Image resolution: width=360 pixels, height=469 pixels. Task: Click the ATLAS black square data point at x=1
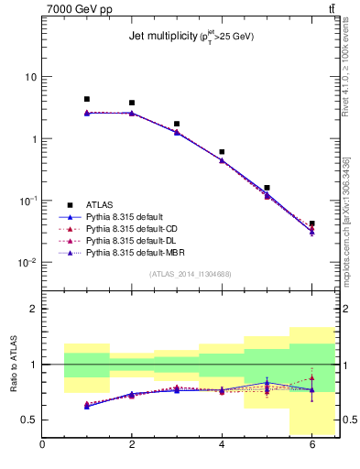coord(87,99)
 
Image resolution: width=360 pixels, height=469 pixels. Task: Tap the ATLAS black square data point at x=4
coord(222,152)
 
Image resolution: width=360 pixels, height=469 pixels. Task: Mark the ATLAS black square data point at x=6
coord(311,224)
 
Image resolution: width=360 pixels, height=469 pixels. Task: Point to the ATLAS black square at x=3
coord(177,124)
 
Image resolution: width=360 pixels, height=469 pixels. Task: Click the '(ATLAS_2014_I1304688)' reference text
coord(191,274)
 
